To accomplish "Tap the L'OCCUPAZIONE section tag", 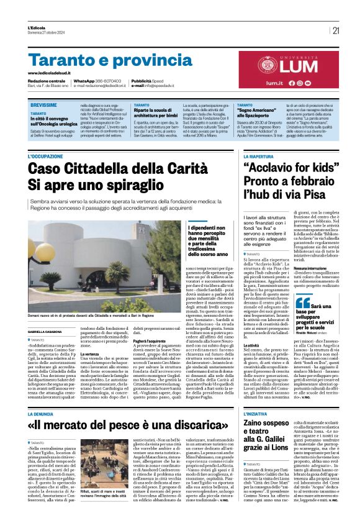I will click(45, 140).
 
